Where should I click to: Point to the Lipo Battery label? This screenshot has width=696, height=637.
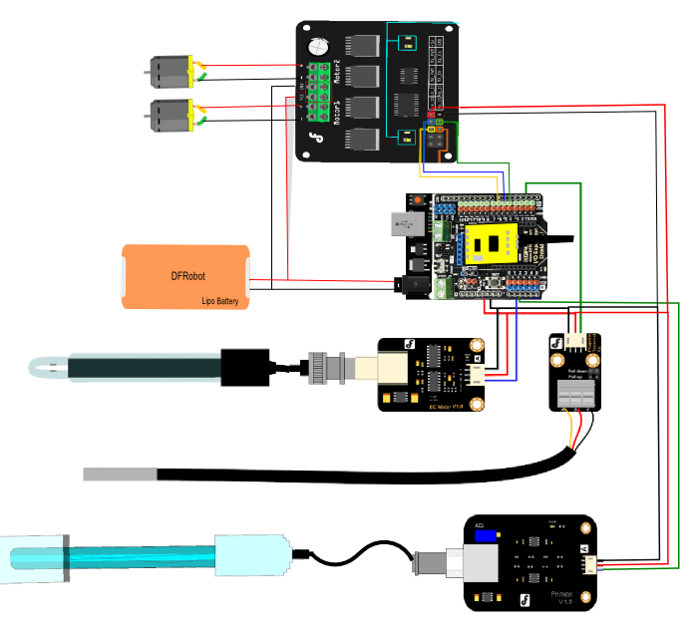[220, 300]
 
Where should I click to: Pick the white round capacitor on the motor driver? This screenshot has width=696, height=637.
[319, 46]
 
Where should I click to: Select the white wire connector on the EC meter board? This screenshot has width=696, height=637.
[480, 374]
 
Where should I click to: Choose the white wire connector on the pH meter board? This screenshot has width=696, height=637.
[594, 562]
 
